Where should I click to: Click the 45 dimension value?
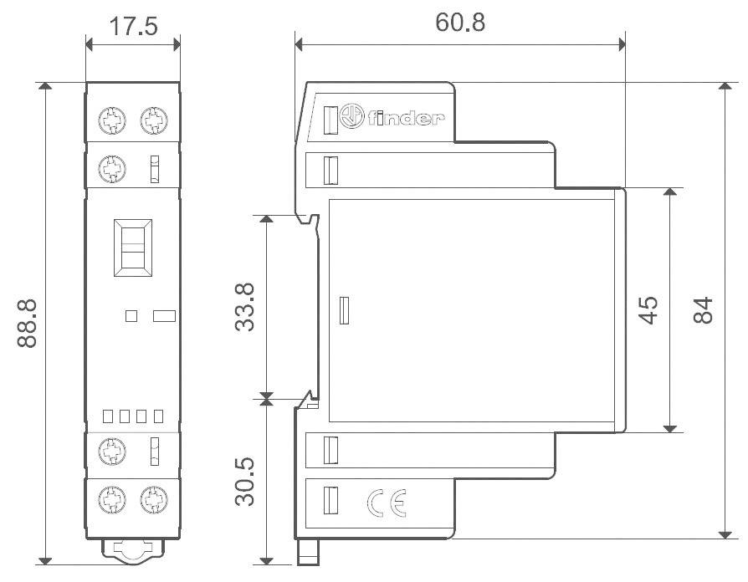coord(648,309)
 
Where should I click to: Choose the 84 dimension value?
coord(704,310)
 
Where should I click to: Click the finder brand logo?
coord(393,120)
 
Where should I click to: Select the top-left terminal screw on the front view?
coord(111,122)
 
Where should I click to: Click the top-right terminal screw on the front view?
coord(152,122)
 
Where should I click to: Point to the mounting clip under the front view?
coord(132,550)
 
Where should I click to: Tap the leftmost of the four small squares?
coord(107,416)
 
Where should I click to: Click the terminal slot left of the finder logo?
coord(330,120)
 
